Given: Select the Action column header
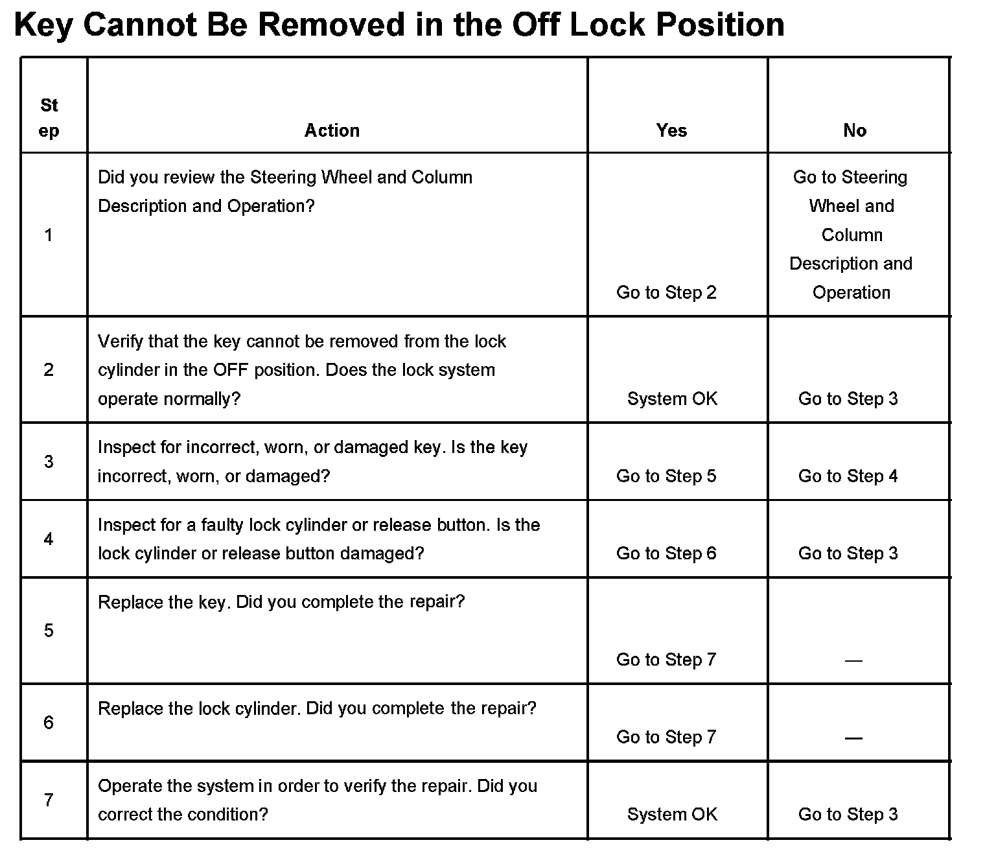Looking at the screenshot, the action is click(332, 130).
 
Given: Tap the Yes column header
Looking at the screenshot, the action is click(671, 130).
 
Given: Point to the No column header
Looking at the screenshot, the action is click(855, 130).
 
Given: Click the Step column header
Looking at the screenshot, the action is click(49, 117).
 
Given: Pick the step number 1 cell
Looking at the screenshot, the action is click(49, 235).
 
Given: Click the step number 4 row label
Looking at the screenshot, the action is click(49, 539).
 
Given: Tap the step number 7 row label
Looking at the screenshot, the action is click(49, 800).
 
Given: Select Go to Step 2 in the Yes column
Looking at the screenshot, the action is click(666, 292).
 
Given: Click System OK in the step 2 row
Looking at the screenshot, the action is click(672, 399).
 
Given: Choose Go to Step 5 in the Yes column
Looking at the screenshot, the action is click(666, 476).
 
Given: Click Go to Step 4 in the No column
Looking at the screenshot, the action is click(848, 476).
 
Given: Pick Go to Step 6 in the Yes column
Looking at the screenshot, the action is click(666, 553).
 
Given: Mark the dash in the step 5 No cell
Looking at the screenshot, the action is click(853, 660).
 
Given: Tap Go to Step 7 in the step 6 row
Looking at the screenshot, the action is click(666, 737).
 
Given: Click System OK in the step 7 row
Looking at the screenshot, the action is click(672, 814).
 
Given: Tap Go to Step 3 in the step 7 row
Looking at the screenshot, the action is click(848, 814).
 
